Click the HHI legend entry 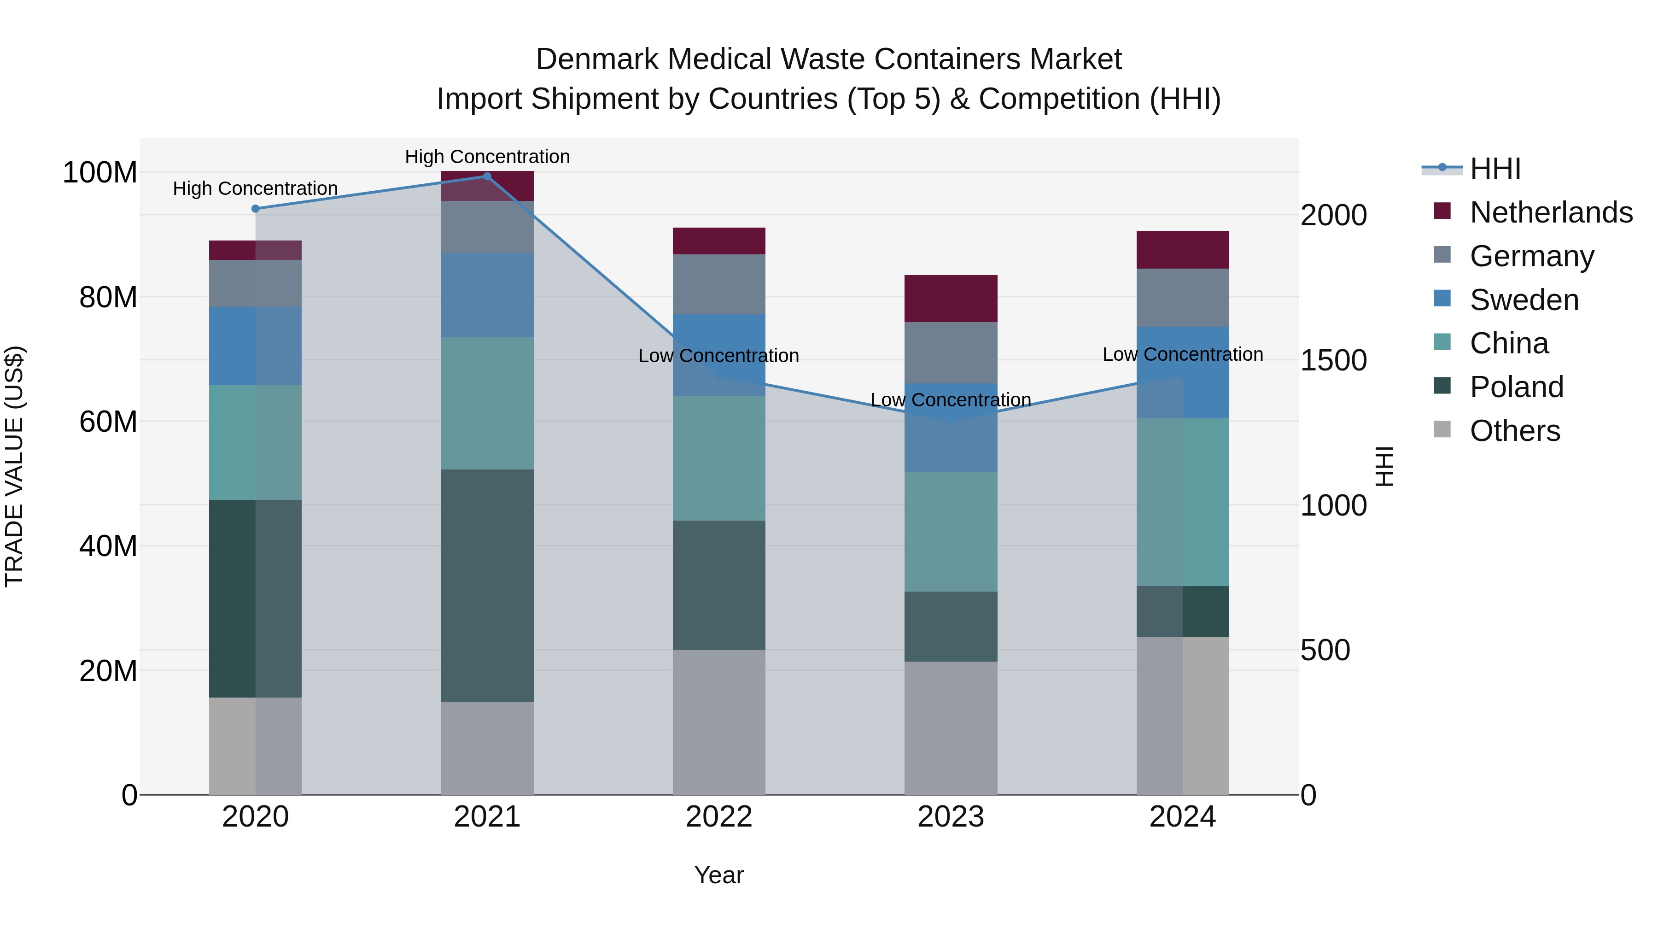click(x=1495, y=169)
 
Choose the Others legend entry click(x=1514, y=431)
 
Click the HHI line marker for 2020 click(x=256, y=209)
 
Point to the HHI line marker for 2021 click(x=487, y=176)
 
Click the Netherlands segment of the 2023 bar click(x=951, y=298)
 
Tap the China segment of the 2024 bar click(x=1182, y=502)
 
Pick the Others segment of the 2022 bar click(x=719, y=722)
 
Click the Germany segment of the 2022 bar click(x=719, y=284)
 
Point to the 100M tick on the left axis click(x=100, y=173)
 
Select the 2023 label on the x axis click(x=951, y=817)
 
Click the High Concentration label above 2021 click(x=487, y=157)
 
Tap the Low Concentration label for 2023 click(x=951, y=400)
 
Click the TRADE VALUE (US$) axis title click(x=14, y=466)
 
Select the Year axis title click(x=719, y=875)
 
